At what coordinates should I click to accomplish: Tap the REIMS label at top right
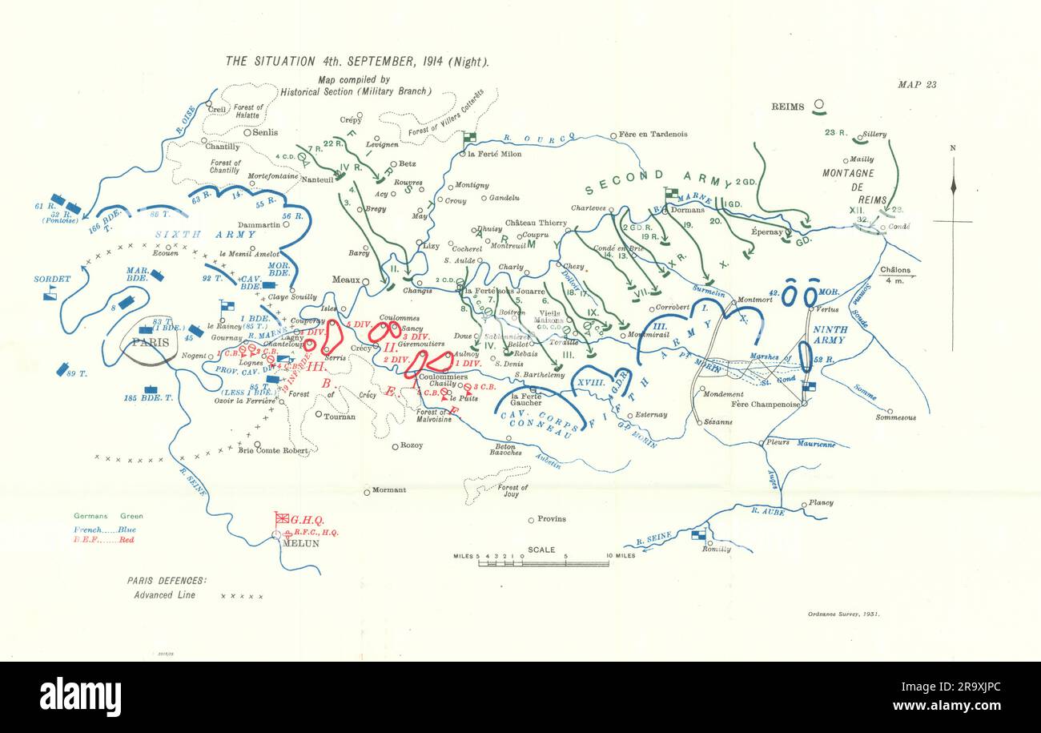(788, 107)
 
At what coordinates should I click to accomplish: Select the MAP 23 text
(917, 84)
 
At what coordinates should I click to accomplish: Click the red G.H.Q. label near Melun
(306, 519)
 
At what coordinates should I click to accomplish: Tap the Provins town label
(551, 519)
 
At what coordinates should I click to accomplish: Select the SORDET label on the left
(52, 280)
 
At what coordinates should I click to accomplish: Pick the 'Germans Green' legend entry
(108, 516)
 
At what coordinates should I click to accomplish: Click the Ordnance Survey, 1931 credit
(841, 614)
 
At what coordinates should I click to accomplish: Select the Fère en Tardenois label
(653, 135)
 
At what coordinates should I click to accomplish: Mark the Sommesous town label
(895, 417)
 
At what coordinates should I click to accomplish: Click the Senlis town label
(265, 132)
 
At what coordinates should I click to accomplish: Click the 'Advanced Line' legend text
(165, 595)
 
